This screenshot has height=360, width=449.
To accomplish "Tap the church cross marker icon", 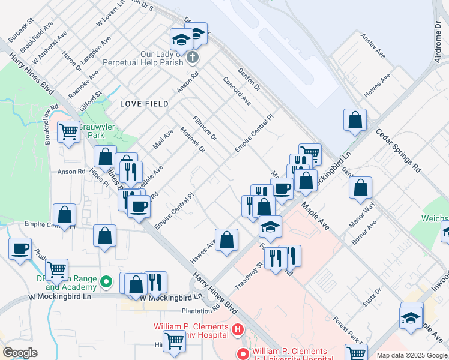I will tap(192, 58).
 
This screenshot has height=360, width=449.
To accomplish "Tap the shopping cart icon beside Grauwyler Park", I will tap(69, 131).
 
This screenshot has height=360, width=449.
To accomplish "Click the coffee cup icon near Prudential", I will tap(20, 248).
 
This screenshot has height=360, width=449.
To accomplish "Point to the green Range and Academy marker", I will tap(106, 281).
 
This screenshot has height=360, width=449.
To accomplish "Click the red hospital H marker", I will tap(238, 329).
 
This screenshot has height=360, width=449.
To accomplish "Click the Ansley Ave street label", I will tap(373, 46).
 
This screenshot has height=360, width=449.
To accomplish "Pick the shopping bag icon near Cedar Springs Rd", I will tap(355, 120).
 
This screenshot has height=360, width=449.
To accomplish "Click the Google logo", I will tap(20, 353).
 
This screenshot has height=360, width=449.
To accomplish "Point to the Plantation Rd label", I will tap(201, 310).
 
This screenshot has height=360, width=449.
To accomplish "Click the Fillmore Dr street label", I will tap(205, 128).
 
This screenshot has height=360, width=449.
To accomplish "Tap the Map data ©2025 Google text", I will tap(411, 355).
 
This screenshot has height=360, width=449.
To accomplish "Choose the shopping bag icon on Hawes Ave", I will tap(226, 241).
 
